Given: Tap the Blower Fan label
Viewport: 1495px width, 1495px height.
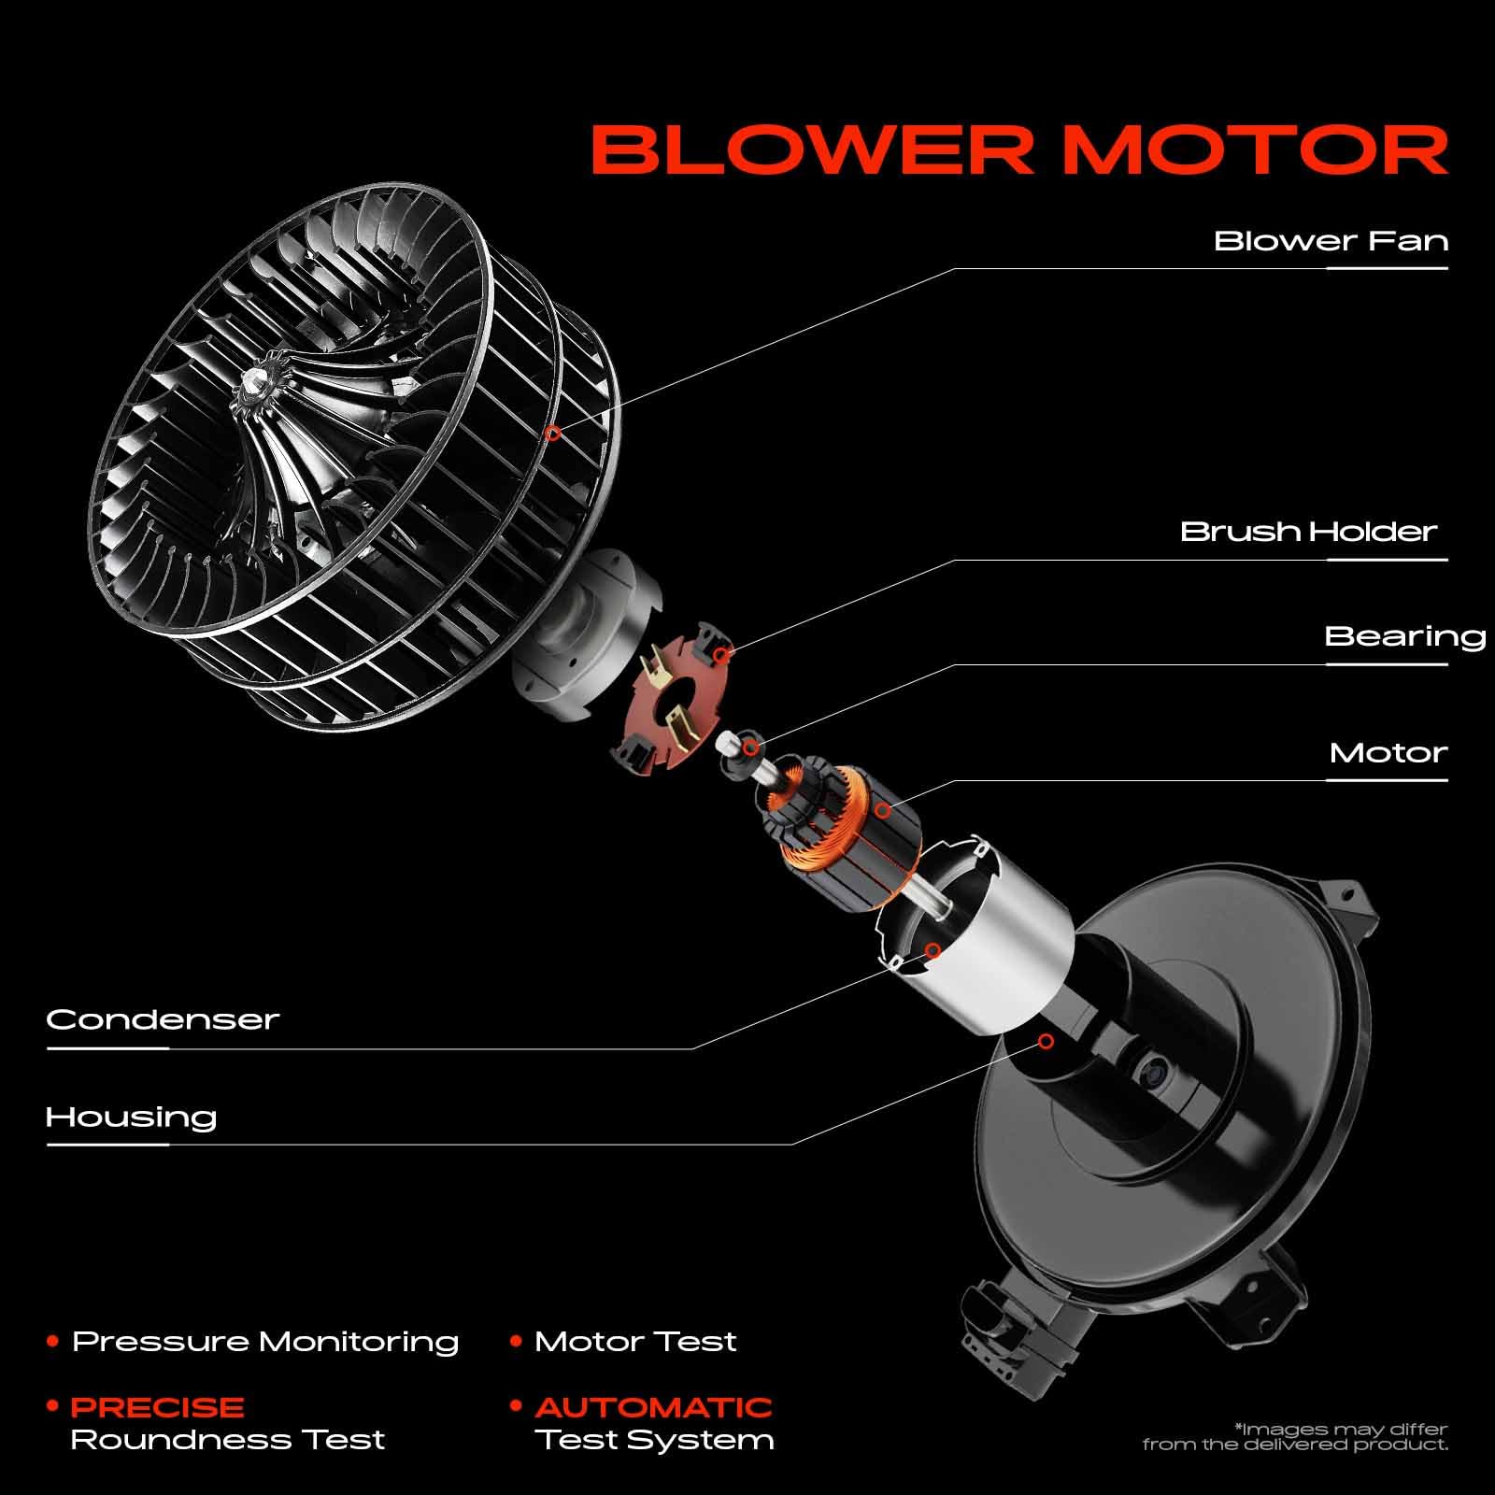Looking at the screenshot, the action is point(1331,241).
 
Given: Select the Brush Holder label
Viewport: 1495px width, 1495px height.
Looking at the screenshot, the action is point(1308,532).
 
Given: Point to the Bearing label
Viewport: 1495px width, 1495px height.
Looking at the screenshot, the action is point(1405,637).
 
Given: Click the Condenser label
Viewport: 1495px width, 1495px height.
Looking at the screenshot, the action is point(163,1018).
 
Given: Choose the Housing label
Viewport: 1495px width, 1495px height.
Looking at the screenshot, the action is point(131,1117).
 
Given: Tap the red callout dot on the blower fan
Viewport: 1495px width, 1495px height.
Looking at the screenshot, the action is point(553,433).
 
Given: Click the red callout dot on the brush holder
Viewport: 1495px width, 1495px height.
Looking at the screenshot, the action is point(720,655).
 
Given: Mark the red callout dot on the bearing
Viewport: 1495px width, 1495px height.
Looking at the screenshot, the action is point(749,747).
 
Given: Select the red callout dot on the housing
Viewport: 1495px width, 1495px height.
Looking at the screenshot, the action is point(1046,1041).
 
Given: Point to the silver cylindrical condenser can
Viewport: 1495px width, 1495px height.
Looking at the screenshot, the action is point(972,934).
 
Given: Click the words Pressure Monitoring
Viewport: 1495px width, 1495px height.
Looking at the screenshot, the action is point(265,1342).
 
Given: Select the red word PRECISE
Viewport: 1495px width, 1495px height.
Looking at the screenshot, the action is point(157,1407).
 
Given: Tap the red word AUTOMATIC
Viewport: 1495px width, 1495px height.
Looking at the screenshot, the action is point(654,1407).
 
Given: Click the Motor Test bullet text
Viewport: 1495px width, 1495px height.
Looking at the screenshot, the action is point(635,1342).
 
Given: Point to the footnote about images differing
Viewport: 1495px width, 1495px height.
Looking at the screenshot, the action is point(1295,1437).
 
